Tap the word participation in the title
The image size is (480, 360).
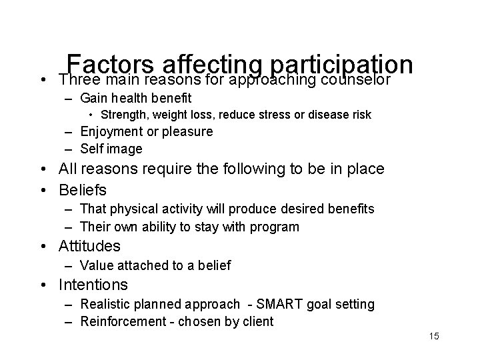(344, 65)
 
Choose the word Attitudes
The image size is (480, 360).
(90, 246)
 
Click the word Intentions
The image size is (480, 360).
(93, 285)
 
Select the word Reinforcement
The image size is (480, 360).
(121, 321)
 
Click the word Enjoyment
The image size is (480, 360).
(109, 132)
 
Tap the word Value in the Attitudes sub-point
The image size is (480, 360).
(95, 265)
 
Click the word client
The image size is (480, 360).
(258, 321)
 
